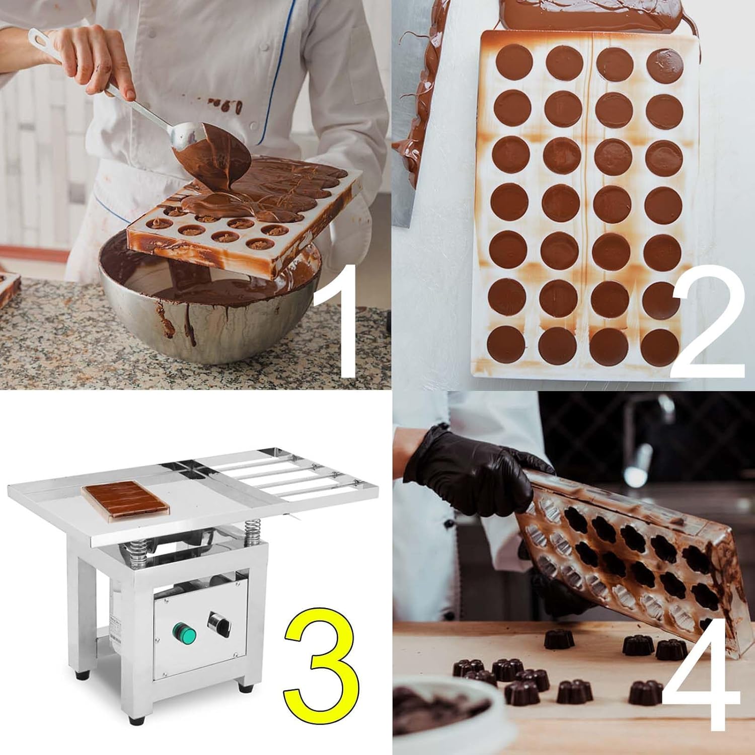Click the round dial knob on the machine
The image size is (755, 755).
219,623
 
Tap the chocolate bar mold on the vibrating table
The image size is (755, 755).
125,500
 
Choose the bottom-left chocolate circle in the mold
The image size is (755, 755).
505,343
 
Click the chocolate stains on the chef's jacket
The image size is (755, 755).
226,106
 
